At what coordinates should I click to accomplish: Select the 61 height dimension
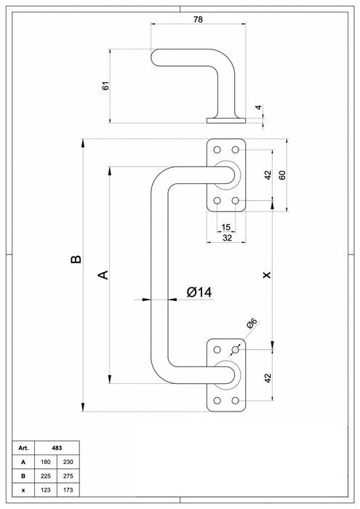pos(105,85)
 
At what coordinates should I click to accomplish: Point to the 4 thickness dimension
pos(257,109)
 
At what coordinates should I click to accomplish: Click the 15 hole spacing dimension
pos(226,228)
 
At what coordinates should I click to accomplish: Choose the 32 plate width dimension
pos(226,238)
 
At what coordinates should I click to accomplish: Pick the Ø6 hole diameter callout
pos(252,325)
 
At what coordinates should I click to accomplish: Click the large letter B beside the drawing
pos(75,260)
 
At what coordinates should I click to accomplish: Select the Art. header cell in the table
pos(23,449)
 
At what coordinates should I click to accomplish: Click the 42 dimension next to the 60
pos(267,175)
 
